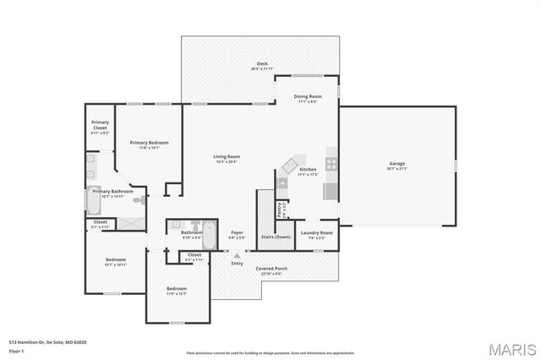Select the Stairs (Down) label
point(276,237)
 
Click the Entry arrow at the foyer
point(238,255)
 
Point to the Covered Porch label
point(271,270)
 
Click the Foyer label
point(238,234)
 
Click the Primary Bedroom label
point(149,145)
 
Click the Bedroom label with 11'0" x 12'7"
point(177,291)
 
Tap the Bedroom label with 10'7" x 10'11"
point(115,261)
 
